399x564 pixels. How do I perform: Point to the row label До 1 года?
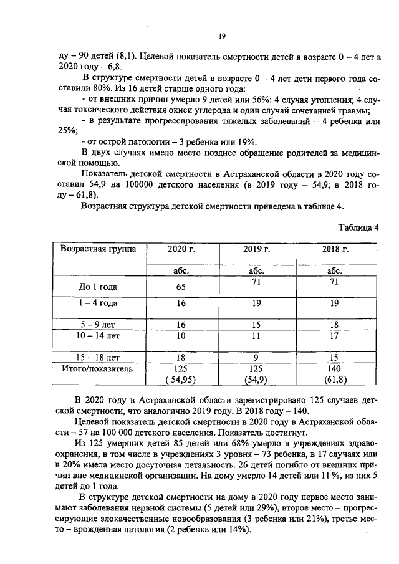(x=98, y=287)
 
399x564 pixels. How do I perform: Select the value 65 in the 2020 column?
(x=181, y=287)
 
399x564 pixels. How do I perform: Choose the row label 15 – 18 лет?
(x=98, y=358)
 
